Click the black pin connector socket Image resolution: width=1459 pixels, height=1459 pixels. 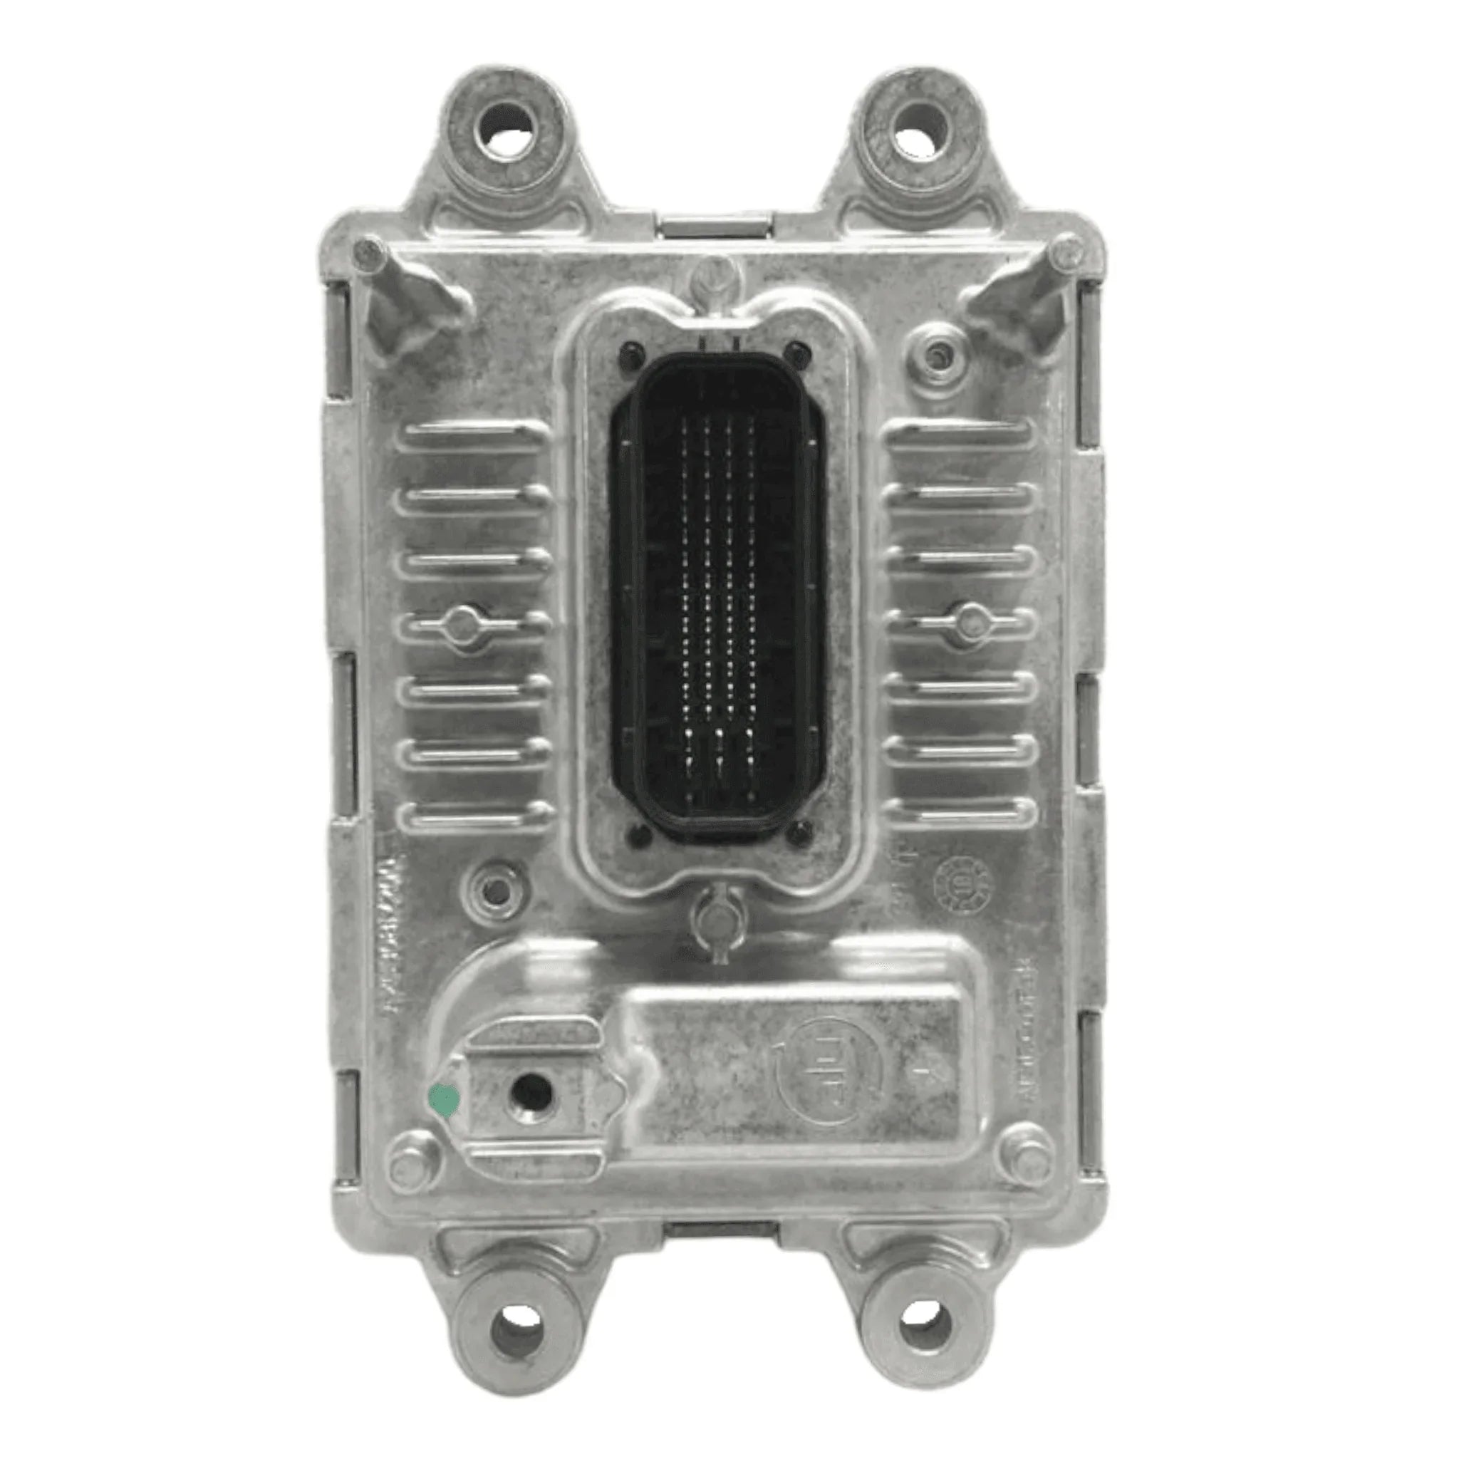coord(717,596)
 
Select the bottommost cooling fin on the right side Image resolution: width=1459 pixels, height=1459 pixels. coord(960,814)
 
